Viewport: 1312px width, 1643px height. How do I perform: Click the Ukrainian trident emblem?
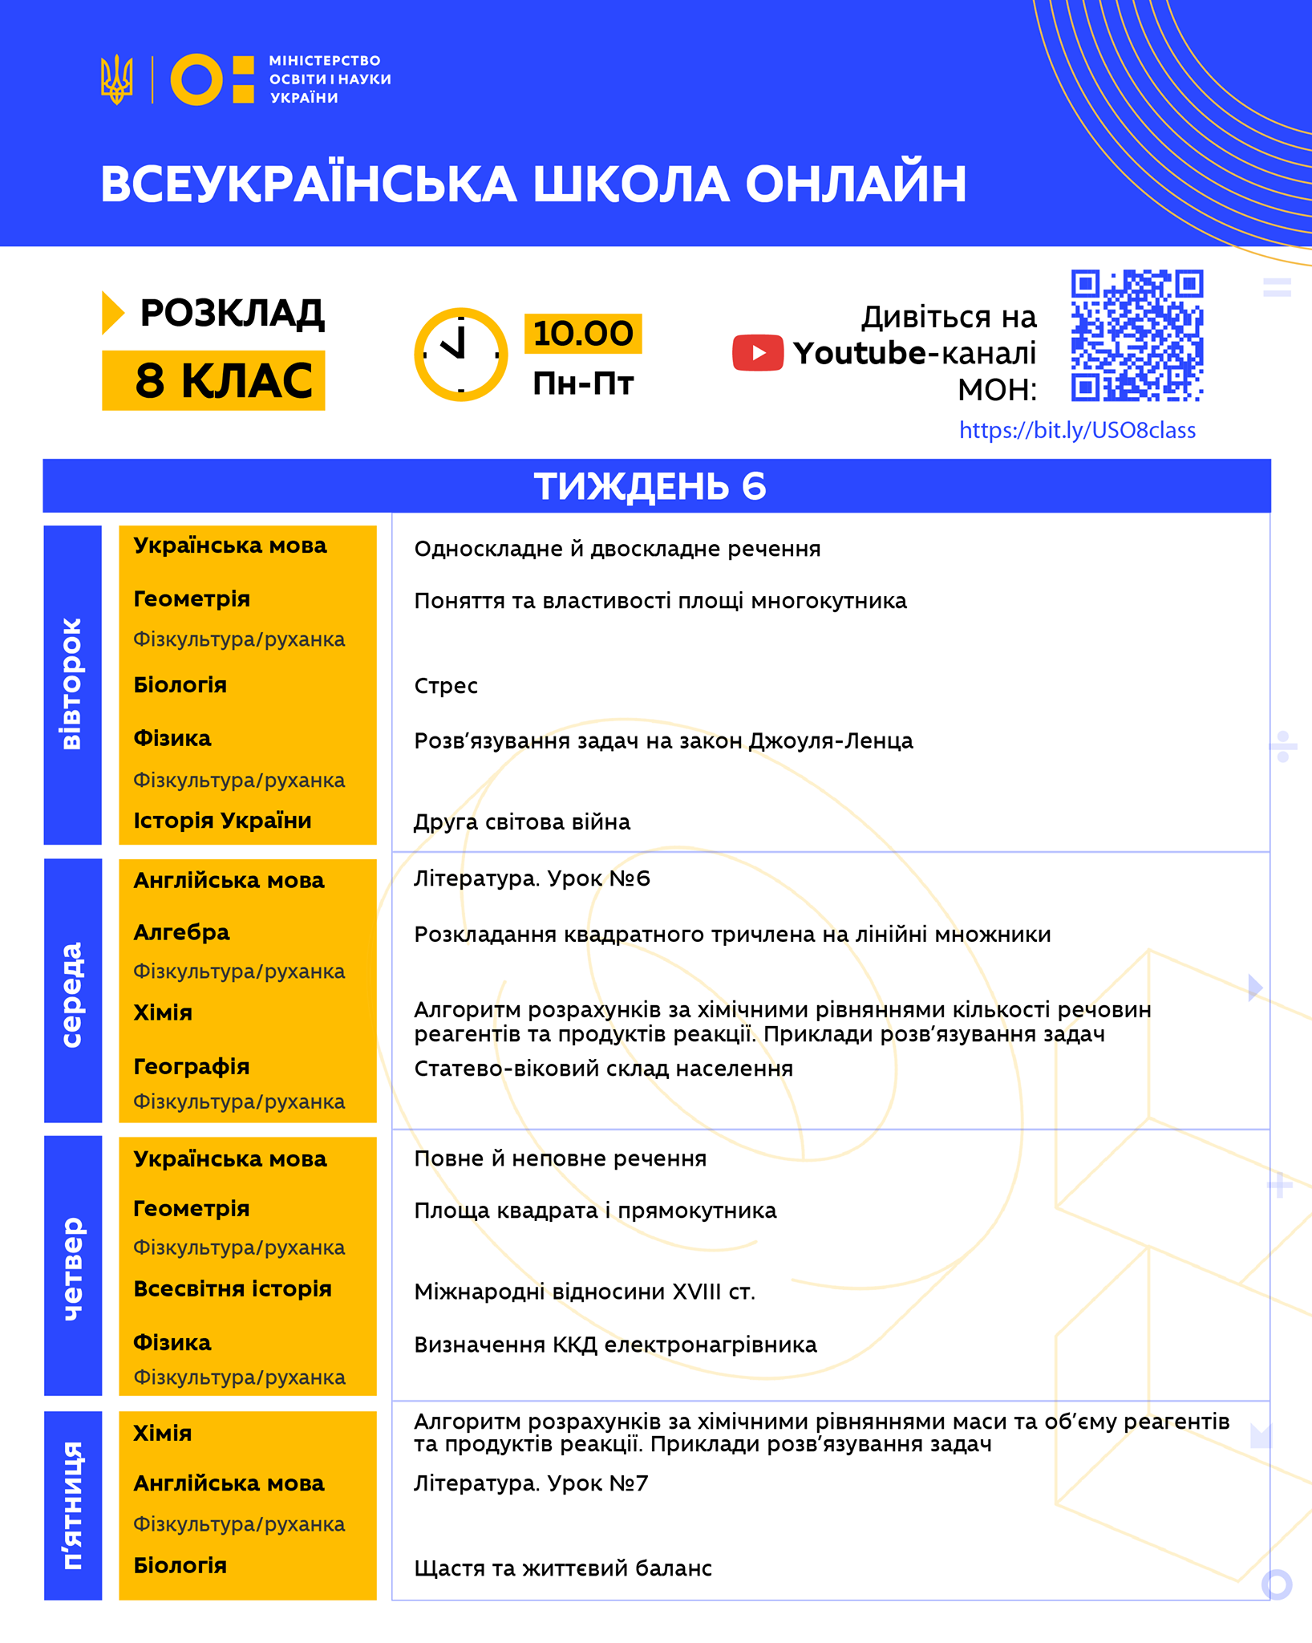coord(116,79)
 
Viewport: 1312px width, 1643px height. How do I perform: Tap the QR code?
coord(1136,335)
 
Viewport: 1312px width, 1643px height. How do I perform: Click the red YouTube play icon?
coord(757,353)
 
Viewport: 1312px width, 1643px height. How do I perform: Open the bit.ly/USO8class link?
coord(1076,431)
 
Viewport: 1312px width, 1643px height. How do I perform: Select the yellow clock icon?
coord(460,354)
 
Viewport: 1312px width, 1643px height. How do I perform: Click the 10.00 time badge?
coord(583,334)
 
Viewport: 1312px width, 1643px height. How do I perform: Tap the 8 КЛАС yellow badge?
coord(213,380)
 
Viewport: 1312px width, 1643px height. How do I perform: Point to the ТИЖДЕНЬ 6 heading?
coord(650,486)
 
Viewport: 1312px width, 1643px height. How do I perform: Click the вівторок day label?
coord(72,684)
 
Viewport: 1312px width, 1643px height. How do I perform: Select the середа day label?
coord(72,994)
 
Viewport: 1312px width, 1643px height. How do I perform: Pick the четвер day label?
coord(72,1268)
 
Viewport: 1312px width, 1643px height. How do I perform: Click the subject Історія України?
coord(222,821)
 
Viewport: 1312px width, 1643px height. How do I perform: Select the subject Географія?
coord(191,1066)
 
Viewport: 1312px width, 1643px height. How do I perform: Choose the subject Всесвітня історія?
coord(232,1288)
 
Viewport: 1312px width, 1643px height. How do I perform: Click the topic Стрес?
coord(446,686)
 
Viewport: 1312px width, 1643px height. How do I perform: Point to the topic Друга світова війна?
coord(522,822)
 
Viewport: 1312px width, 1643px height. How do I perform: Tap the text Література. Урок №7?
coord(531,1483)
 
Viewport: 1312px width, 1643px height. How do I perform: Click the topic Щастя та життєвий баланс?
coord(563,1568)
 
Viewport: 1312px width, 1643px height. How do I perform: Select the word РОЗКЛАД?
coord(232,313)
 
